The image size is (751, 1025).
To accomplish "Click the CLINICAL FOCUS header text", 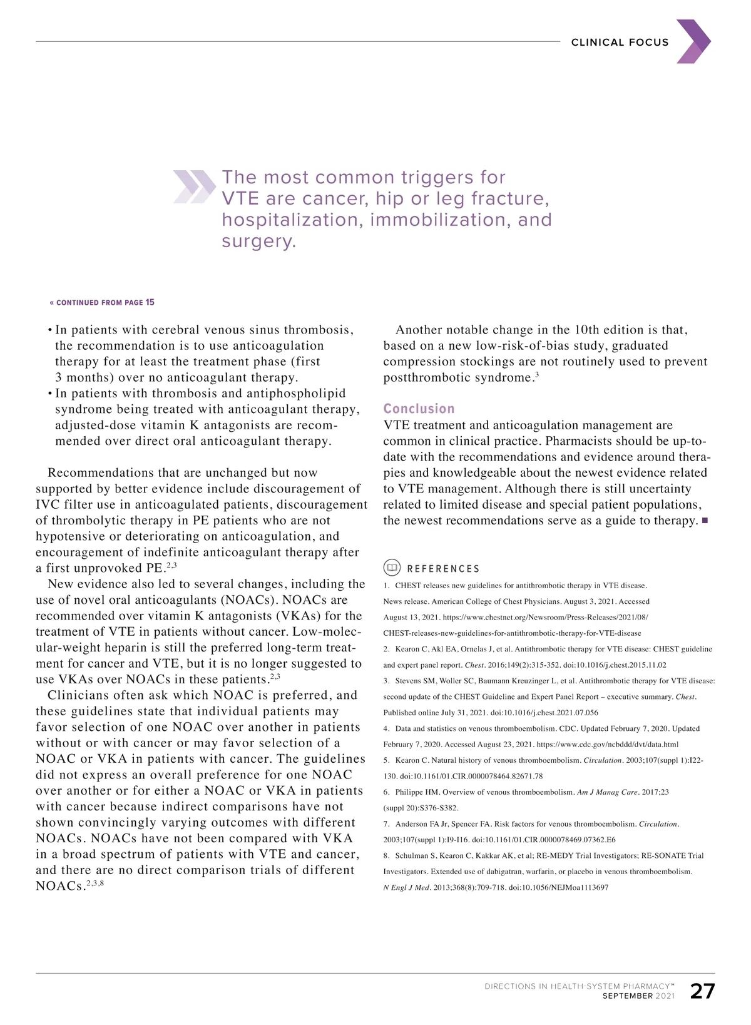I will [x=620, y=43].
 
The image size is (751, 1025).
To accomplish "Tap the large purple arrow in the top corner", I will [x=693, y=41].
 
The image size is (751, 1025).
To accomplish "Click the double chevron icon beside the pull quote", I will [x=194, y=186].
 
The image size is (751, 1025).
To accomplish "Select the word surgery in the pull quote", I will [x=258, y=242].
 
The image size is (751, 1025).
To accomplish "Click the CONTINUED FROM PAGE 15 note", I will [x=102, y=303].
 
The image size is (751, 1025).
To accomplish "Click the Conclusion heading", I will [x=419, y=409].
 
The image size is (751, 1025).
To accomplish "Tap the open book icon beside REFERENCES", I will [x=392, y=568].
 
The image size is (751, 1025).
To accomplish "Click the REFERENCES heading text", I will [x=443, y=569].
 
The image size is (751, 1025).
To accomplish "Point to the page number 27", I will [x=702, y=991].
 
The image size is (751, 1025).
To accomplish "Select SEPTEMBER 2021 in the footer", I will [x=638, y=996].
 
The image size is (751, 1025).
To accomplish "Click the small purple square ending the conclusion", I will [x=705, y=521].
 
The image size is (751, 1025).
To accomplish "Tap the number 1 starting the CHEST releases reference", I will [x=386, y=586].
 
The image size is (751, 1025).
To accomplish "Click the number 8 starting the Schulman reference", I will [x=386, y=856].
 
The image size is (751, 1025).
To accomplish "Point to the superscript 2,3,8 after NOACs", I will [x=95, y=884].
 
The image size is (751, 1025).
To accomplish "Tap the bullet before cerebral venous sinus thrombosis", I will [x=50, y=330].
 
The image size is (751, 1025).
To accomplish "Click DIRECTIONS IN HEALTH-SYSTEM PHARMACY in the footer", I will [x=579, y=986].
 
